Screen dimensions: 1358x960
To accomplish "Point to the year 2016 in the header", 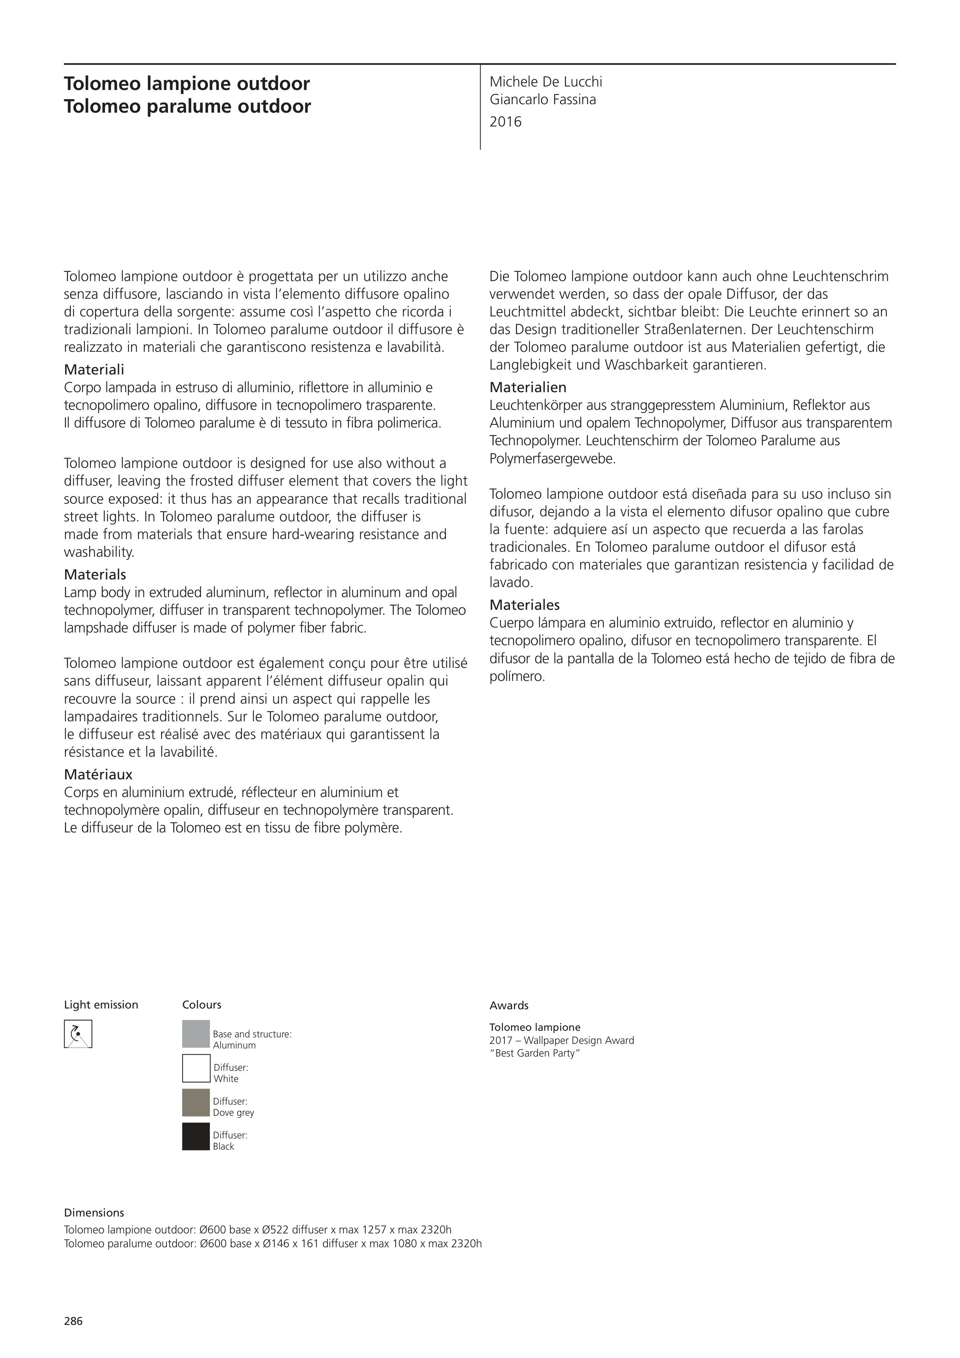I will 506,122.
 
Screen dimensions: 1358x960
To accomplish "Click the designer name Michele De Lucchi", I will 546,82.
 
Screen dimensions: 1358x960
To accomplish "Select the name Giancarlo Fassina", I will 542,99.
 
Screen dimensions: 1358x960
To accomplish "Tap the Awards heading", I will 509,1005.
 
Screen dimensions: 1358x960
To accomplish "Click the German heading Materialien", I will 527,388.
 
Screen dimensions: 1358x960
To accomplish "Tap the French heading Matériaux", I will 98,774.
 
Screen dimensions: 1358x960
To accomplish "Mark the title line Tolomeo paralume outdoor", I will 188,107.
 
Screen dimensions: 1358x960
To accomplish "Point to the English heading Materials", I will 95,574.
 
